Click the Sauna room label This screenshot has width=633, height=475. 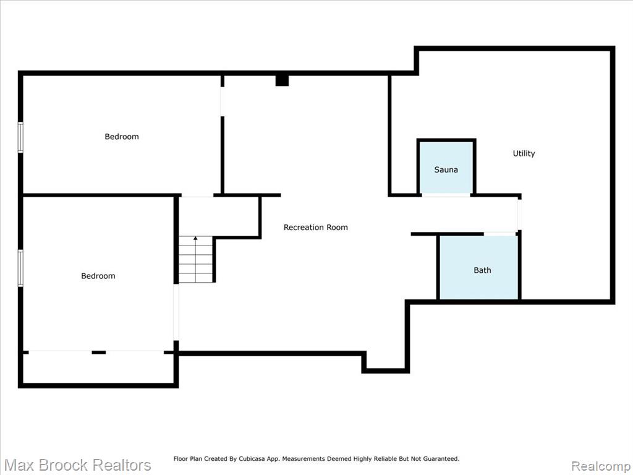446,169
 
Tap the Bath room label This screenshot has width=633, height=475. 482,270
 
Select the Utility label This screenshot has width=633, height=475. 524,153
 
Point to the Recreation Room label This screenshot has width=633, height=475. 316,228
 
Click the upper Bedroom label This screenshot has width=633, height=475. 122,137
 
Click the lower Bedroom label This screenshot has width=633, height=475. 98,276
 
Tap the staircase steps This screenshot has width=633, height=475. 196,260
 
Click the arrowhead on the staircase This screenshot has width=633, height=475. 195,238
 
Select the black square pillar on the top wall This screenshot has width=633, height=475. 282,80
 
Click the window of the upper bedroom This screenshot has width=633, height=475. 20,137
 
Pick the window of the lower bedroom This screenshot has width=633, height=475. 20,268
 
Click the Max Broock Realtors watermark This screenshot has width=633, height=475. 77,465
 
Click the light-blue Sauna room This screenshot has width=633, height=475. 446,168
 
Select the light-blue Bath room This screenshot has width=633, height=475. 479,267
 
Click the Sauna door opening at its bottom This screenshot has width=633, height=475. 446,195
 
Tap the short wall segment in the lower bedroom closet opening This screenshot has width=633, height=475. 98,353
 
